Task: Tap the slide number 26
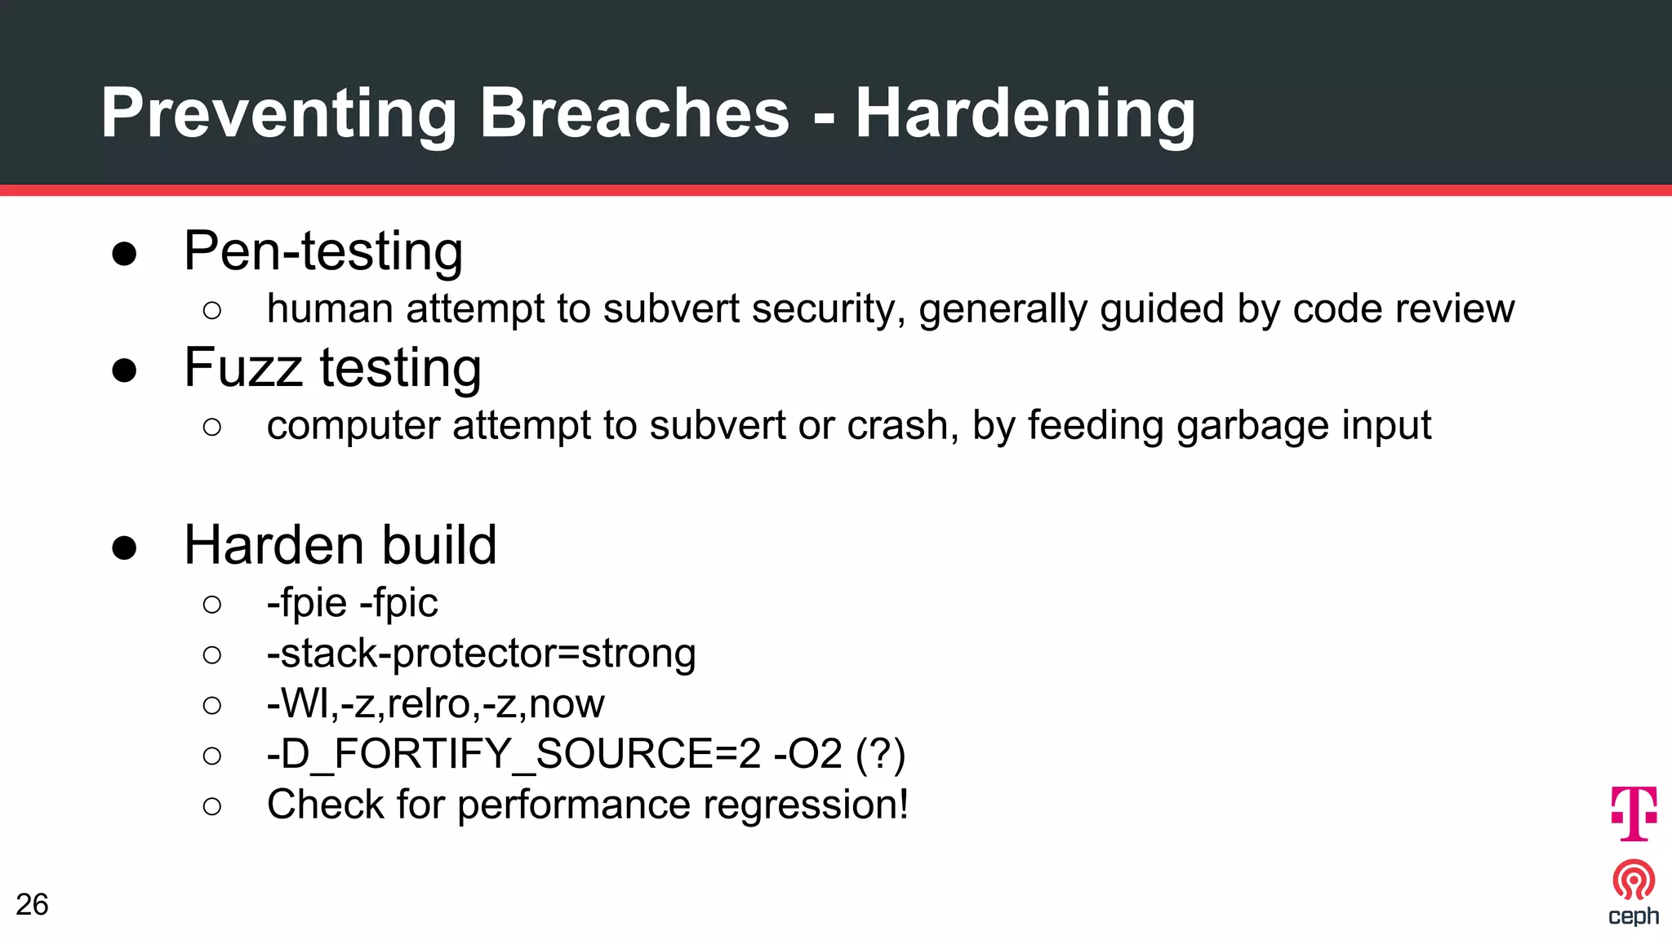click(32, 905)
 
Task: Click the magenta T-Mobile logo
click(1634, 813)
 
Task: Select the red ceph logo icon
click(1634, 880)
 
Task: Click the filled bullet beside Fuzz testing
click(124, 370)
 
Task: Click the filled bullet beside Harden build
click(124, 548)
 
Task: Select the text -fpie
click(307, 603)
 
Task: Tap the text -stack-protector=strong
click(481, 654)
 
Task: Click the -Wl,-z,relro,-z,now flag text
click(435, 704)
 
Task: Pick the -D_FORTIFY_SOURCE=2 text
click(514, 754)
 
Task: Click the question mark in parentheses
click(881, 754)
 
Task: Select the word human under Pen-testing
click(330, 309)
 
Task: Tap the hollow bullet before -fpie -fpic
click(212, 605)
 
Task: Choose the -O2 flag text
click(807, 754)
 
